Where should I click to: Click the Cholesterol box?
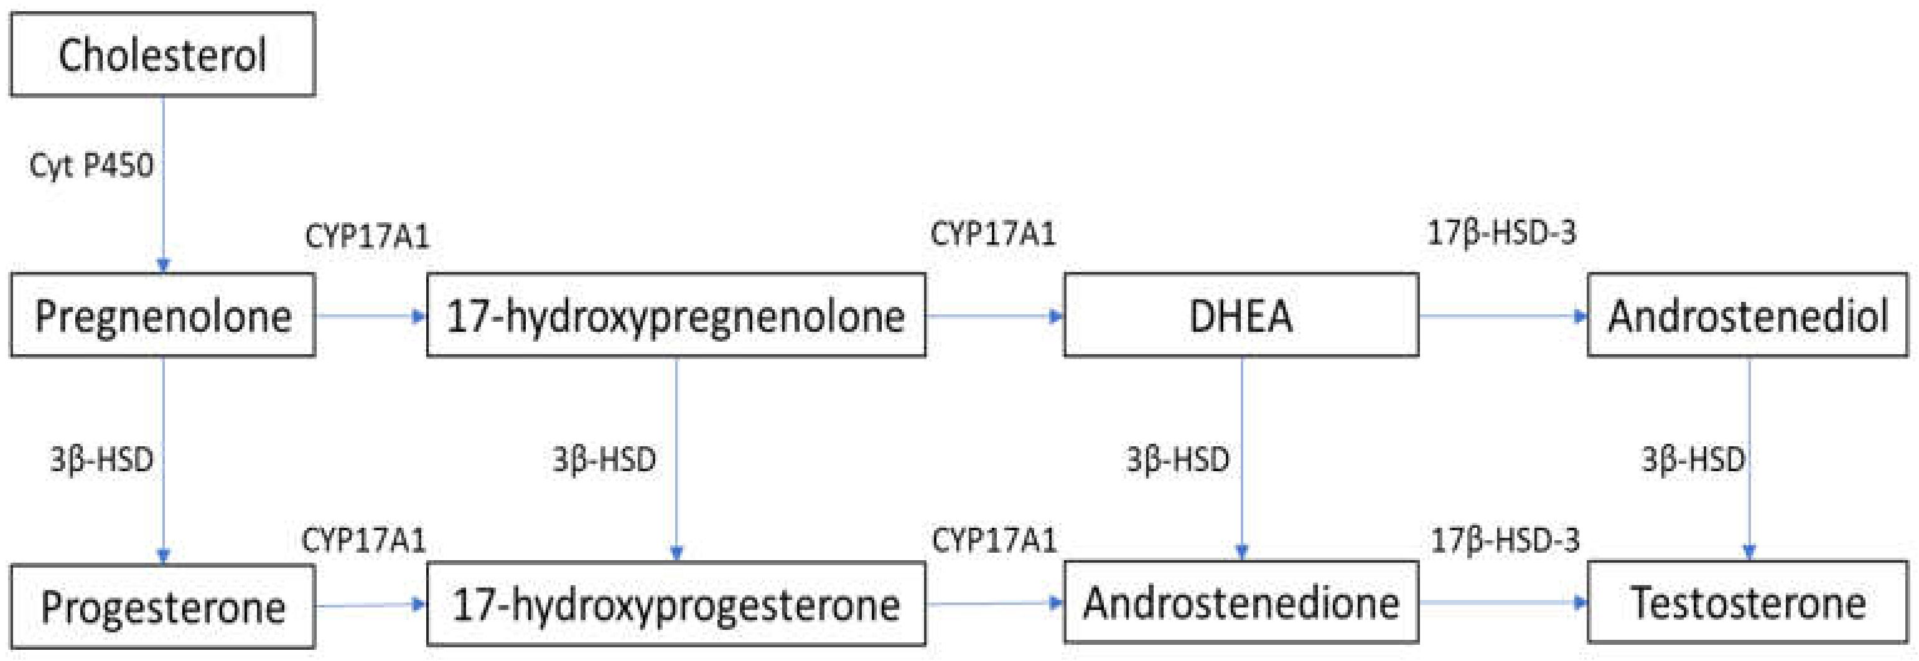coord(162,54)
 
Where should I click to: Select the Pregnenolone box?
coord(162,315)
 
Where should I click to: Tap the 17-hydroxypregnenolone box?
coord(676,315)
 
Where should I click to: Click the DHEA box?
coord(1240,315)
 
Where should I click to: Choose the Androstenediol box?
coord(1748,315)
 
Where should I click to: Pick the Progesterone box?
coord(162,606)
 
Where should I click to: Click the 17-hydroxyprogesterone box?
coord(676,604)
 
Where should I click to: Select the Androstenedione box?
coord(1240,602)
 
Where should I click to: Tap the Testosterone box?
coord(1748,602)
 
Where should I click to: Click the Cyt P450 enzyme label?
coord(91,166)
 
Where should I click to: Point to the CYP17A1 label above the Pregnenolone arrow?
coord(367,237)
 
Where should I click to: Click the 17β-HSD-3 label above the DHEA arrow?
coord(1501,233)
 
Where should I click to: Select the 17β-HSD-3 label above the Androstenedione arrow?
coord(1504,540)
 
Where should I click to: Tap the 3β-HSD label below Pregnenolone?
coord(101,460)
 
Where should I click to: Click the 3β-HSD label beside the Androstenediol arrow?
coord(1693,460)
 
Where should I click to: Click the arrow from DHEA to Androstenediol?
coord(1501,316)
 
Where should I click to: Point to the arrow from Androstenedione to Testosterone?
coord(1501,602)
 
